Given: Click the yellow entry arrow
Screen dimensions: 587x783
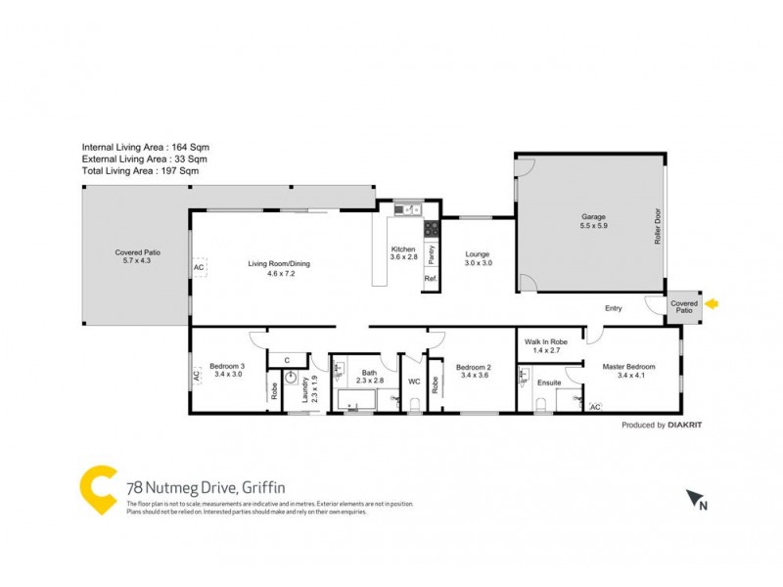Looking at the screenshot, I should pyautogui.click(x=714, y=304).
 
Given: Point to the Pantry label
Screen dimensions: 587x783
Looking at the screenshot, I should pyautogui.click(x=432, y=254).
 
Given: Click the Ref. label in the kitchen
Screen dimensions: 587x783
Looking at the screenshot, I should pyautogui.click(x=431, y=280).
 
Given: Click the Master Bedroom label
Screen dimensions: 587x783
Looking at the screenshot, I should pyautogui.click(x=628, y=367).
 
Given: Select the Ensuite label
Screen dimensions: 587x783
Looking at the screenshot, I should pyautogui.click(x=550, y=382).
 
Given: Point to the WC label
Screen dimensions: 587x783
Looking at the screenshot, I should pyautogui.click(x=413, y=382).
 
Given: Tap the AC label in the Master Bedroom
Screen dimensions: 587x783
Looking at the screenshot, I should pyautogui.click(x=595, y=405).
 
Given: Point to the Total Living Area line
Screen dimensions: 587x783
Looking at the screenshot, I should pyautogui.click(x=140, y=170).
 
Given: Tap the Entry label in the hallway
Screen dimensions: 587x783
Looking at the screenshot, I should pyautogui.click(x=613, y=308).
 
